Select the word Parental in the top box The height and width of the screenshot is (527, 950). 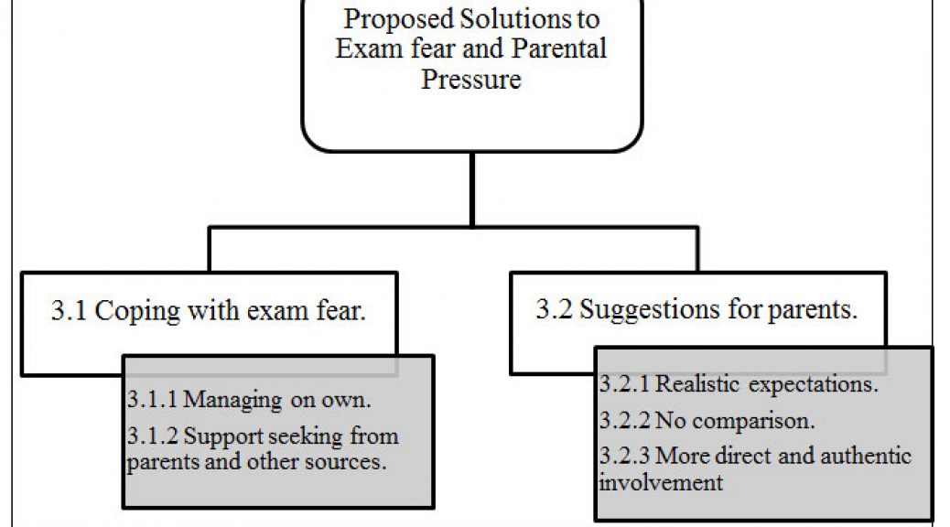coord(558,48)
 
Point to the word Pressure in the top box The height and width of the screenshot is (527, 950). coord(471,79)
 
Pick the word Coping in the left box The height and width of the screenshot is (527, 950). coord(137,312)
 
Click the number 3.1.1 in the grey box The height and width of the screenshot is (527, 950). coord(152,399)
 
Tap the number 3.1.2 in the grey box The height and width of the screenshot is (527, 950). coord(152,436)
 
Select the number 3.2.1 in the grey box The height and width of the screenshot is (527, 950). coord(624,384)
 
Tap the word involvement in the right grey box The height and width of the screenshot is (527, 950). coord(661,482)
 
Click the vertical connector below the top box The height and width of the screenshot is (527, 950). coord(472,189)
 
